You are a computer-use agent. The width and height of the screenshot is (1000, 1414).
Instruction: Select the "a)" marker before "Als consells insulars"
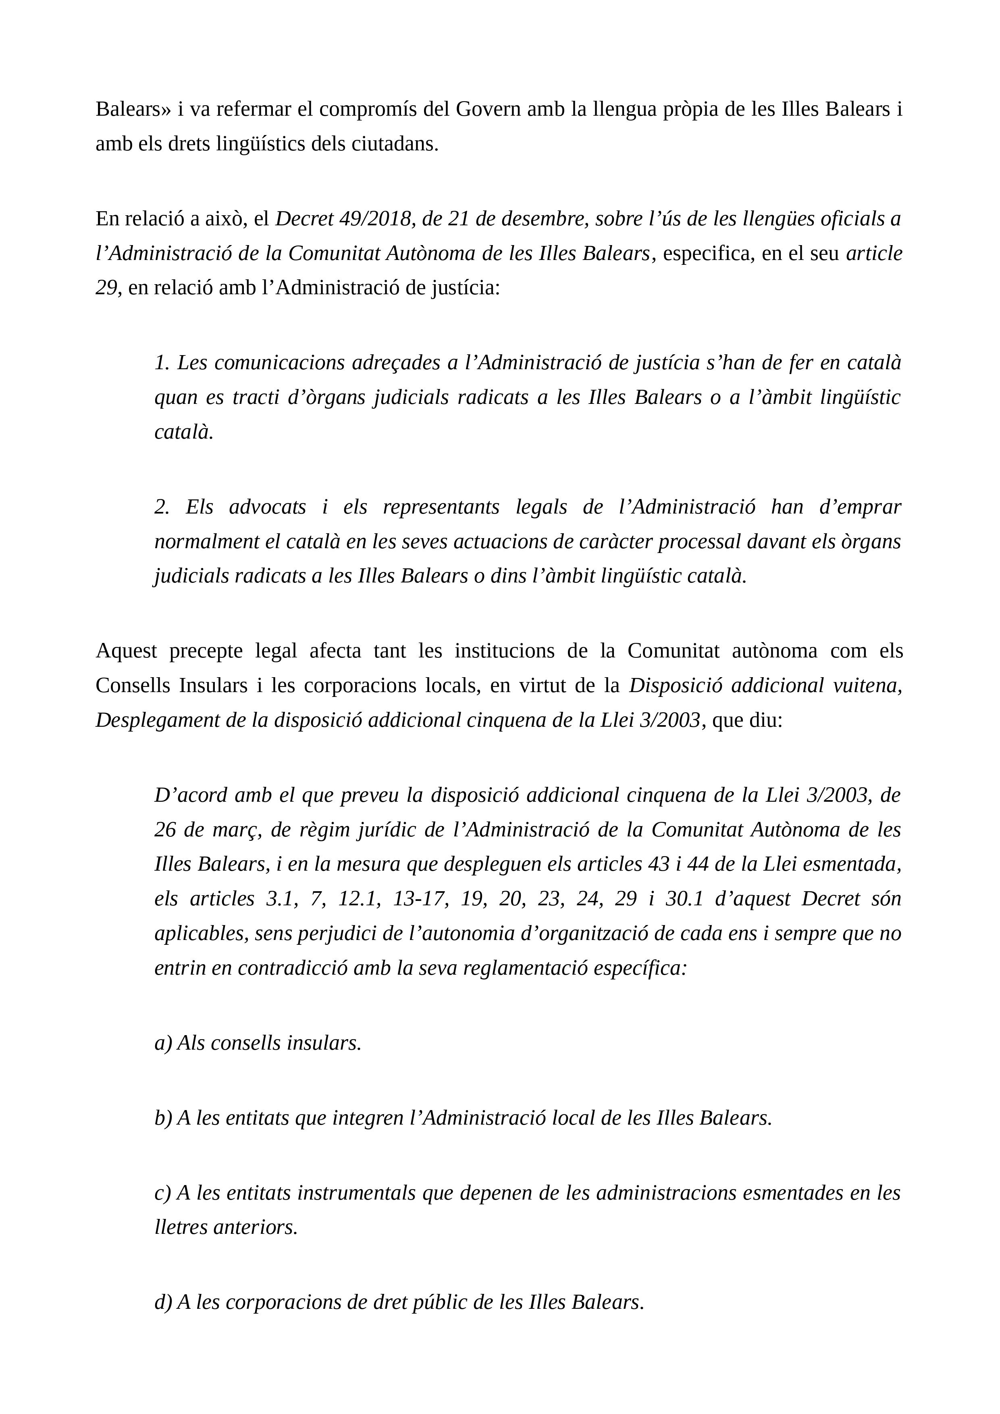coord(163,1043)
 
